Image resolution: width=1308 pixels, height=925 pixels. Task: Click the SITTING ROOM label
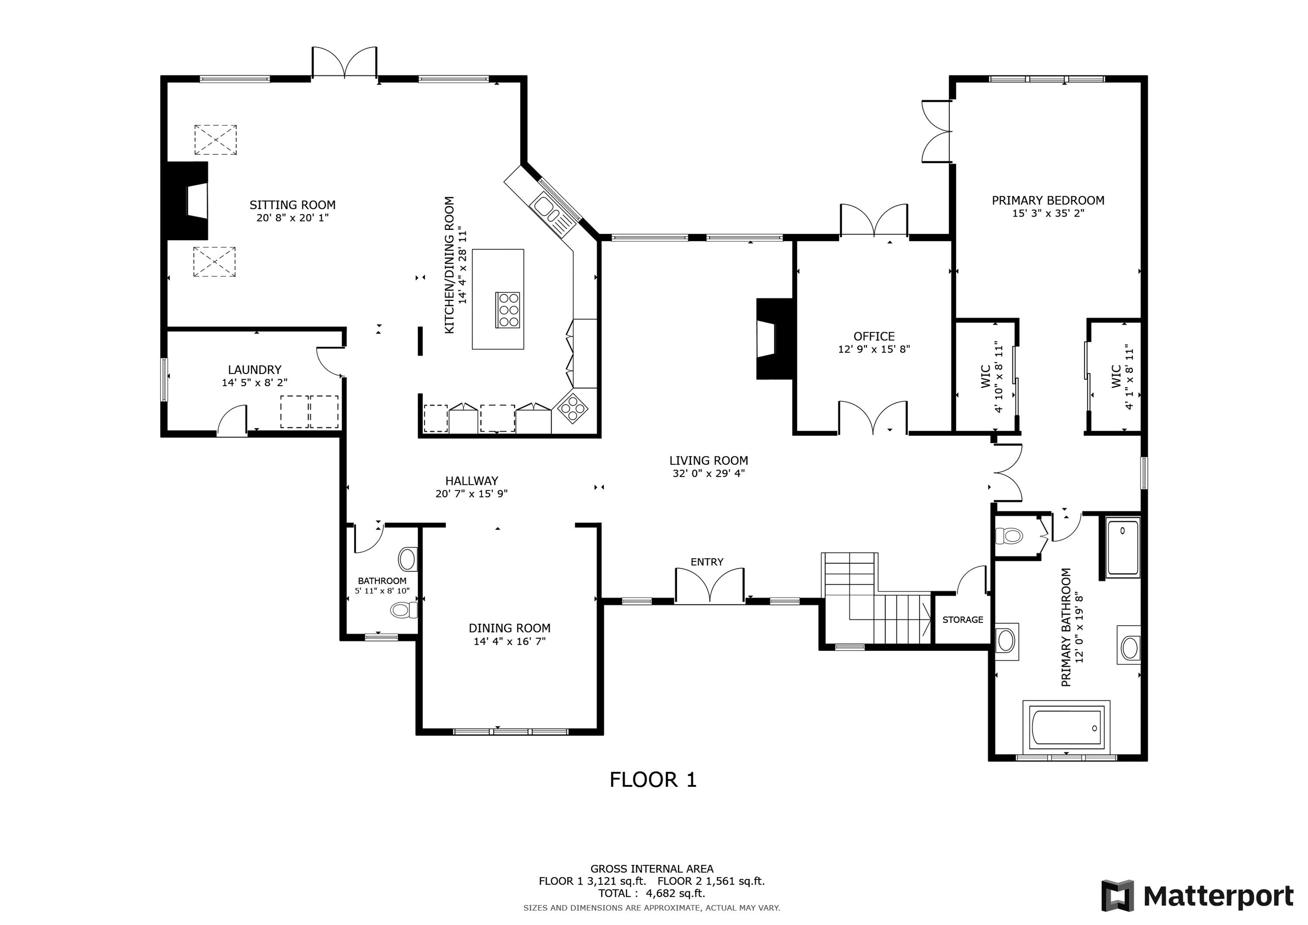[x=292, y=205]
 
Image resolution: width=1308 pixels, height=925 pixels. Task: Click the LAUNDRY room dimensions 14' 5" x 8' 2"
[x=254, y=383]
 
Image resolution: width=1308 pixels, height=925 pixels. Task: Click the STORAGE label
[x=962, y=620]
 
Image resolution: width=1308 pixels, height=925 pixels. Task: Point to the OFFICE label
[x=874, y=337]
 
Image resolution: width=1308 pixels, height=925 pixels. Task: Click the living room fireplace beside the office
[x=775, y=339]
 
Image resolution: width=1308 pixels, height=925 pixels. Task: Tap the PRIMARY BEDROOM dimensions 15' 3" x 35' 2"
[x=1048, y=214]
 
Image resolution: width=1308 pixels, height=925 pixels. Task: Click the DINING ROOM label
[x=509, y=628]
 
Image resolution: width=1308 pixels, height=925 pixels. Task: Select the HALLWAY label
[x=471, y=481]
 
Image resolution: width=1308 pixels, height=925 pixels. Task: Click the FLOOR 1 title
[x=653, y=780]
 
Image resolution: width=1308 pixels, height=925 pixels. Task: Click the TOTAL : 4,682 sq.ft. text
[x=652, y=894]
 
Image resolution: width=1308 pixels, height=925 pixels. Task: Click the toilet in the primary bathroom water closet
[x=1009, y=535]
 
